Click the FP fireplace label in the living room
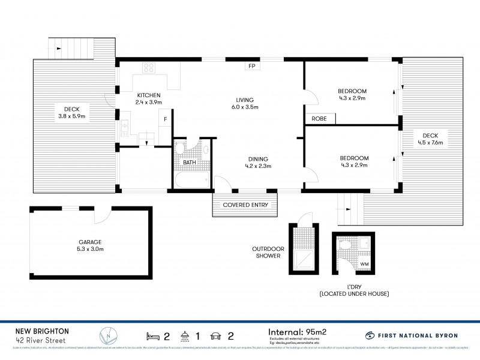pos(250,66)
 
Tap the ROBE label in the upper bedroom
pos(319,119)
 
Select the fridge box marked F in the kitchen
pos(166,119)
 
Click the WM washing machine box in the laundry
pos(364,263)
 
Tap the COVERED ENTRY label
pos(245,205)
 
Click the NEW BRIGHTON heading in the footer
pos(42,331)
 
